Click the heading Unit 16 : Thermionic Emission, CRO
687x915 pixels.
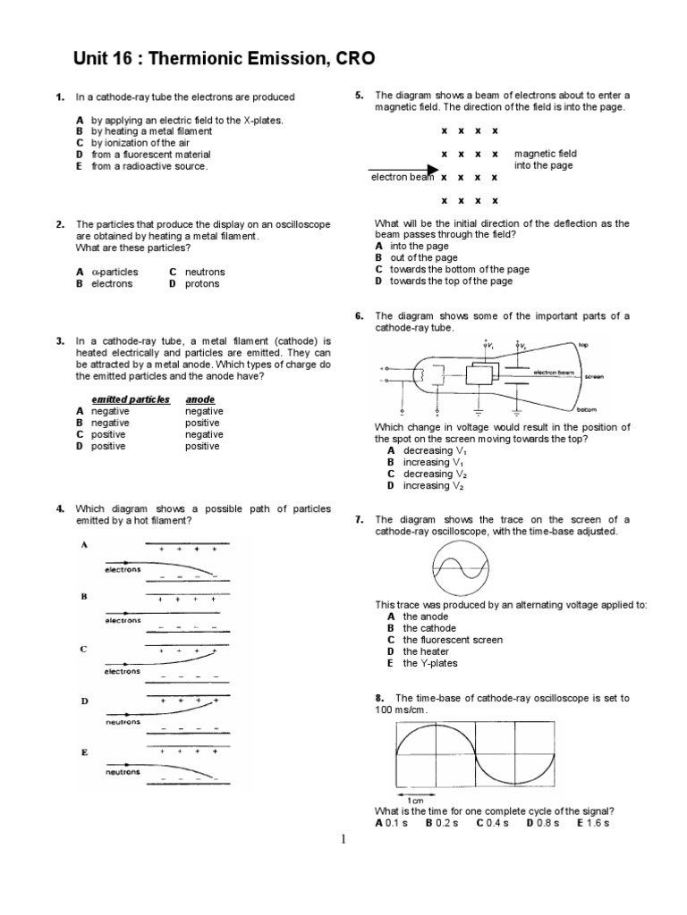(x=224, y=60)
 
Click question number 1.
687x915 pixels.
(x=59, y=97)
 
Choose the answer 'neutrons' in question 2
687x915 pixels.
(x=205, y=272)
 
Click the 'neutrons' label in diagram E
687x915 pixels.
(x=123, y=771)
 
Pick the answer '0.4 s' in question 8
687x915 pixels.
(x=492, y=822)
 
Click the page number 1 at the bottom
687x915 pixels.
(x=343, y=840)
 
